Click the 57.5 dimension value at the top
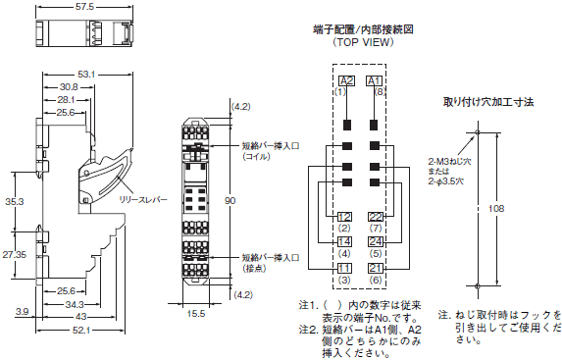[x=84, y=7]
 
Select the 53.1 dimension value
[x=86, y=75]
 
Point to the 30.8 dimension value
[x=70, y=87]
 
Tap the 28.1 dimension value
[x=66, y=100]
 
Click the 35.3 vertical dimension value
[x=15, y=201]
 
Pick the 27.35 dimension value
[x=15, y=255]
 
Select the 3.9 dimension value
[x=22, y=312]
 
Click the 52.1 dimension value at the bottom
[x=81, y=331]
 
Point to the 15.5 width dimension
[x=196, y=314]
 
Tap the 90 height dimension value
[x=230, y=200]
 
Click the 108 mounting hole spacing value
[x=496, y=208]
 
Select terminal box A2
[x=346, y=81]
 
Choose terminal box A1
[x=375, y=81]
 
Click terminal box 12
[x=344, y=217]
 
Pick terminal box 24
[x=376, y=241]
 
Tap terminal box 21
[x=376, y=268]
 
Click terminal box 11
[x=344, y=268]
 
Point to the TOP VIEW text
[x=363, y=42]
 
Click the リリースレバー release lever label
[x=143, y=199]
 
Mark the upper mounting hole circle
[x=477, y=132]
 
